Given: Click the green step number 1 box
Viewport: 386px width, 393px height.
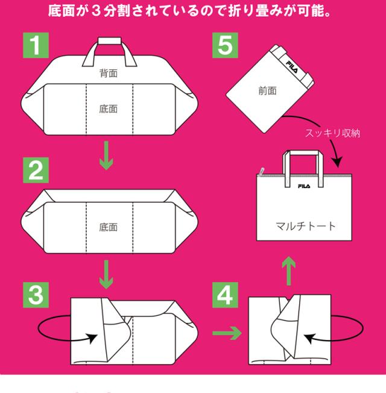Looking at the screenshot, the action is click(x=36, y=45).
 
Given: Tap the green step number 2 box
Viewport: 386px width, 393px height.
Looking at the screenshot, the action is click(x=36, y=170).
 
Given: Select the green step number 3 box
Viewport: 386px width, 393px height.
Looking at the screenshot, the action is click(x=36, y=295).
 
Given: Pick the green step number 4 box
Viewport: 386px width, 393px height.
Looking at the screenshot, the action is click(x=225, y=295).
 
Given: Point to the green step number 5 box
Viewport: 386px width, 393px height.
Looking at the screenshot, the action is click(x=225, y=45).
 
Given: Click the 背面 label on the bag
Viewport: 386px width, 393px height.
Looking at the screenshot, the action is click(x=109, y=73).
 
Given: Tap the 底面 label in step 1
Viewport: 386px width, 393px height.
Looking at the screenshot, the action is click(x=109, y=109).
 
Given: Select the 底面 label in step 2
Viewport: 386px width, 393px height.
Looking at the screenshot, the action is click(x=109, y=227).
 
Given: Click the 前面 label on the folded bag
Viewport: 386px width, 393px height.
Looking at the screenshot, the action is click(x=267, y=91).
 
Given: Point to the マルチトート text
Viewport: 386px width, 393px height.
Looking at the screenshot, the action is click(x=306, y=226).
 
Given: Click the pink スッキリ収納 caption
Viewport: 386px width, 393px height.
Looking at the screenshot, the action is click(x=332, y=133).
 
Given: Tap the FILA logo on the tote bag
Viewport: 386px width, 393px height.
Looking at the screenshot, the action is click(x=304, y=186).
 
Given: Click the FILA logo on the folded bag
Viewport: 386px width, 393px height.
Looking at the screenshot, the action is click(x=292, y=67).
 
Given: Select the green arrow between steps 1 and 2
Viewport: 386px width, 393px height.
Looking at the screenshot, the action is click(x=106, y=156).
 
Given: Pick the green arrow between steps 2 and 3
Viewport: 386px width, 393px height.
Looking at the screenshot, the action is click(x=106, y=274).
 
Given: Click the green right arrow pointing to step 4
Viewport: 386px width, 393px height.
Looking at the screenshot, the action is click(x=227, y=333).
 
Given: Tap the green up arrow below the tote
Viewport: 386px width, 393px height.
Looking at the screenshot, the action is click(x=289, y=271).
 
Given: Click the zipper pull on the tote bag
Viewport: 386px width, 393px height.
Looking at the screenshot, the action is click(x=262, y=171).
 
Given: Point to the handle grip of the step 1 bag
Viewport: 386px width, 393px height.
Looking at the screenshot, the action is click(x=110, y=41).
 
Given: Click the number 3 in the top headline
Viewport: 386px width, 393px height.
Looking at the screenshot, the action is click(x=96, y=11).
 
